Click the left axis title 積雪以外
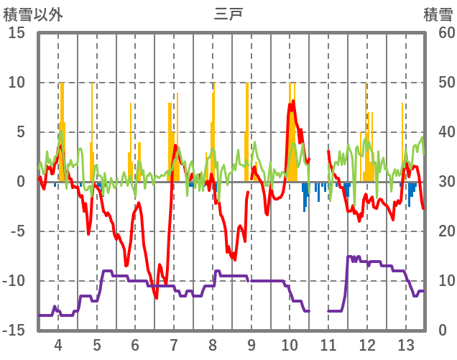tap(31, 14)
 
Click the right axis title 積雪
tap(437, 14)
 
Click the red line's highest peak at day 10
tap(292, 102)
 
